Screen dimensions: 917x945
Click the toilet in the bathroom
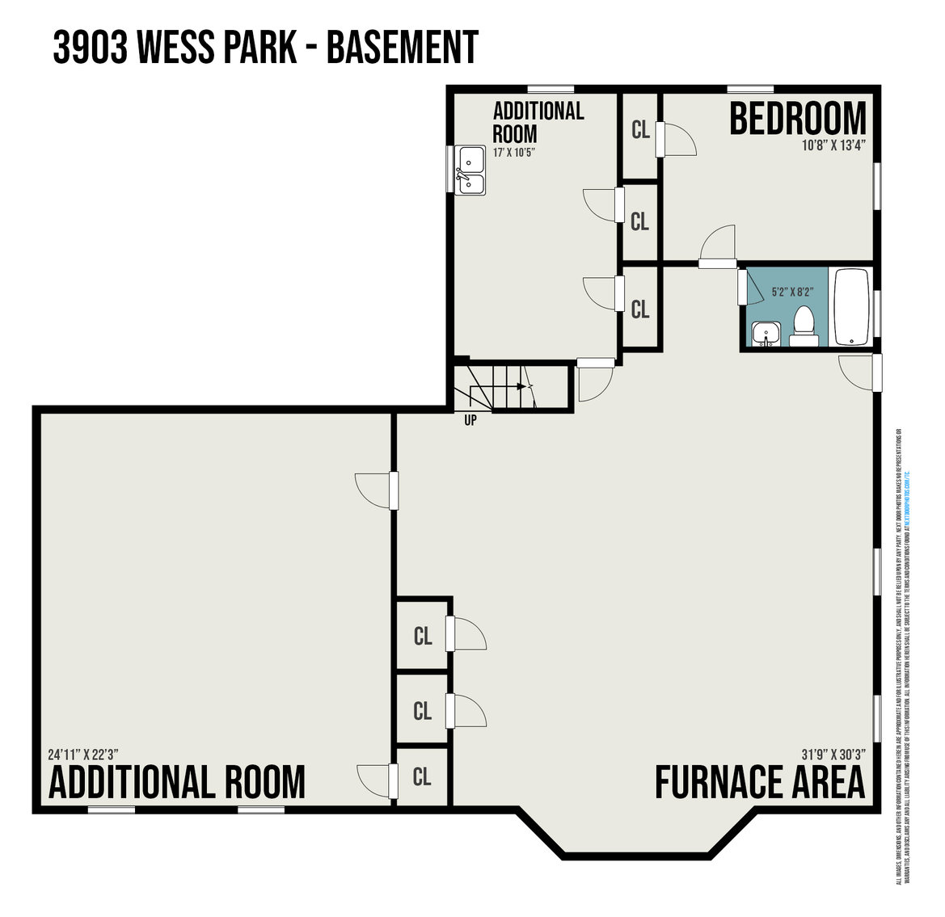803,326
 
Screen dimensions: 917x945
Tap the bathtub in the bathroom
850,307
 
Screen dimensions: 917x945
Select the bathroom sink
764,334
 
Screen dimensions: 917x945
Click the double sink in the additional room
470,170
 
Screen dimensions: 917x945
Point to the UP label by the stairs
470,420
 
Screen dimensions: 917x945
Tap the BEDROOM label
797,120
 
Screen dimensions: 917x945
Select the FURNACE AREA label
759,782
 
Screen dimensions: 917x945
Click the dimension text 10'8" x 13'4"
833,146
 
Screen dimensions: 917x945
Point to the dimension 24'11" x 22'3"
83,755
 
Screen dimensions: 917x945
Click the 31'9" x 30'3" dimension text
833,754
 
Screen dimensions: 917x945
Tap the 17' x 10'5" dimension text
515,152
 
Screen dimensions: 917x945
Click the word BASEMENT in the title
402,48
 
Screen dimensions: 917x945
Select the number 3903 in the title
90,48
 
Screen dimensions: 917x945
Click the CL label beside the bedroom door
640,130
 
